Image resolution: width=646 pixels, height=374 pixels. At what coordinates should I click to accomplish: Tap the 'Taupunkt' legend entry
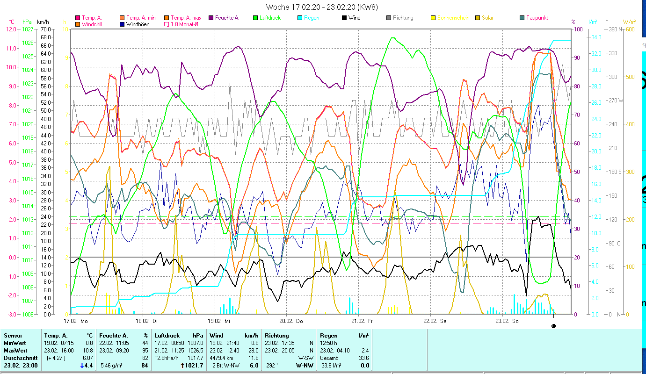point(537,18)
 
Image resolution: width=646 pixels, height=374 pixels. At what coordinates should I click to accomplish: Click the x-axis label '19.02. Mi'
point(219,321)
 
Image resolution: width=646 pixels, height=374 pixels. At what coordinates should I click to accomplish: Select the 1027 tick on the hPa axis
point(28,29)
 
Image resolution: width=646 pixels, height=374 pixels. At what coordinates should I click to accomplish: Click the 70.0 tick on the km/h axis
point(45,29)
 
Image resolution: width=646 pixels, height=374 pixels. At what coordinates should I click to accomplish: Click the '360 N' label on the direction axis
point(616,29)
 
